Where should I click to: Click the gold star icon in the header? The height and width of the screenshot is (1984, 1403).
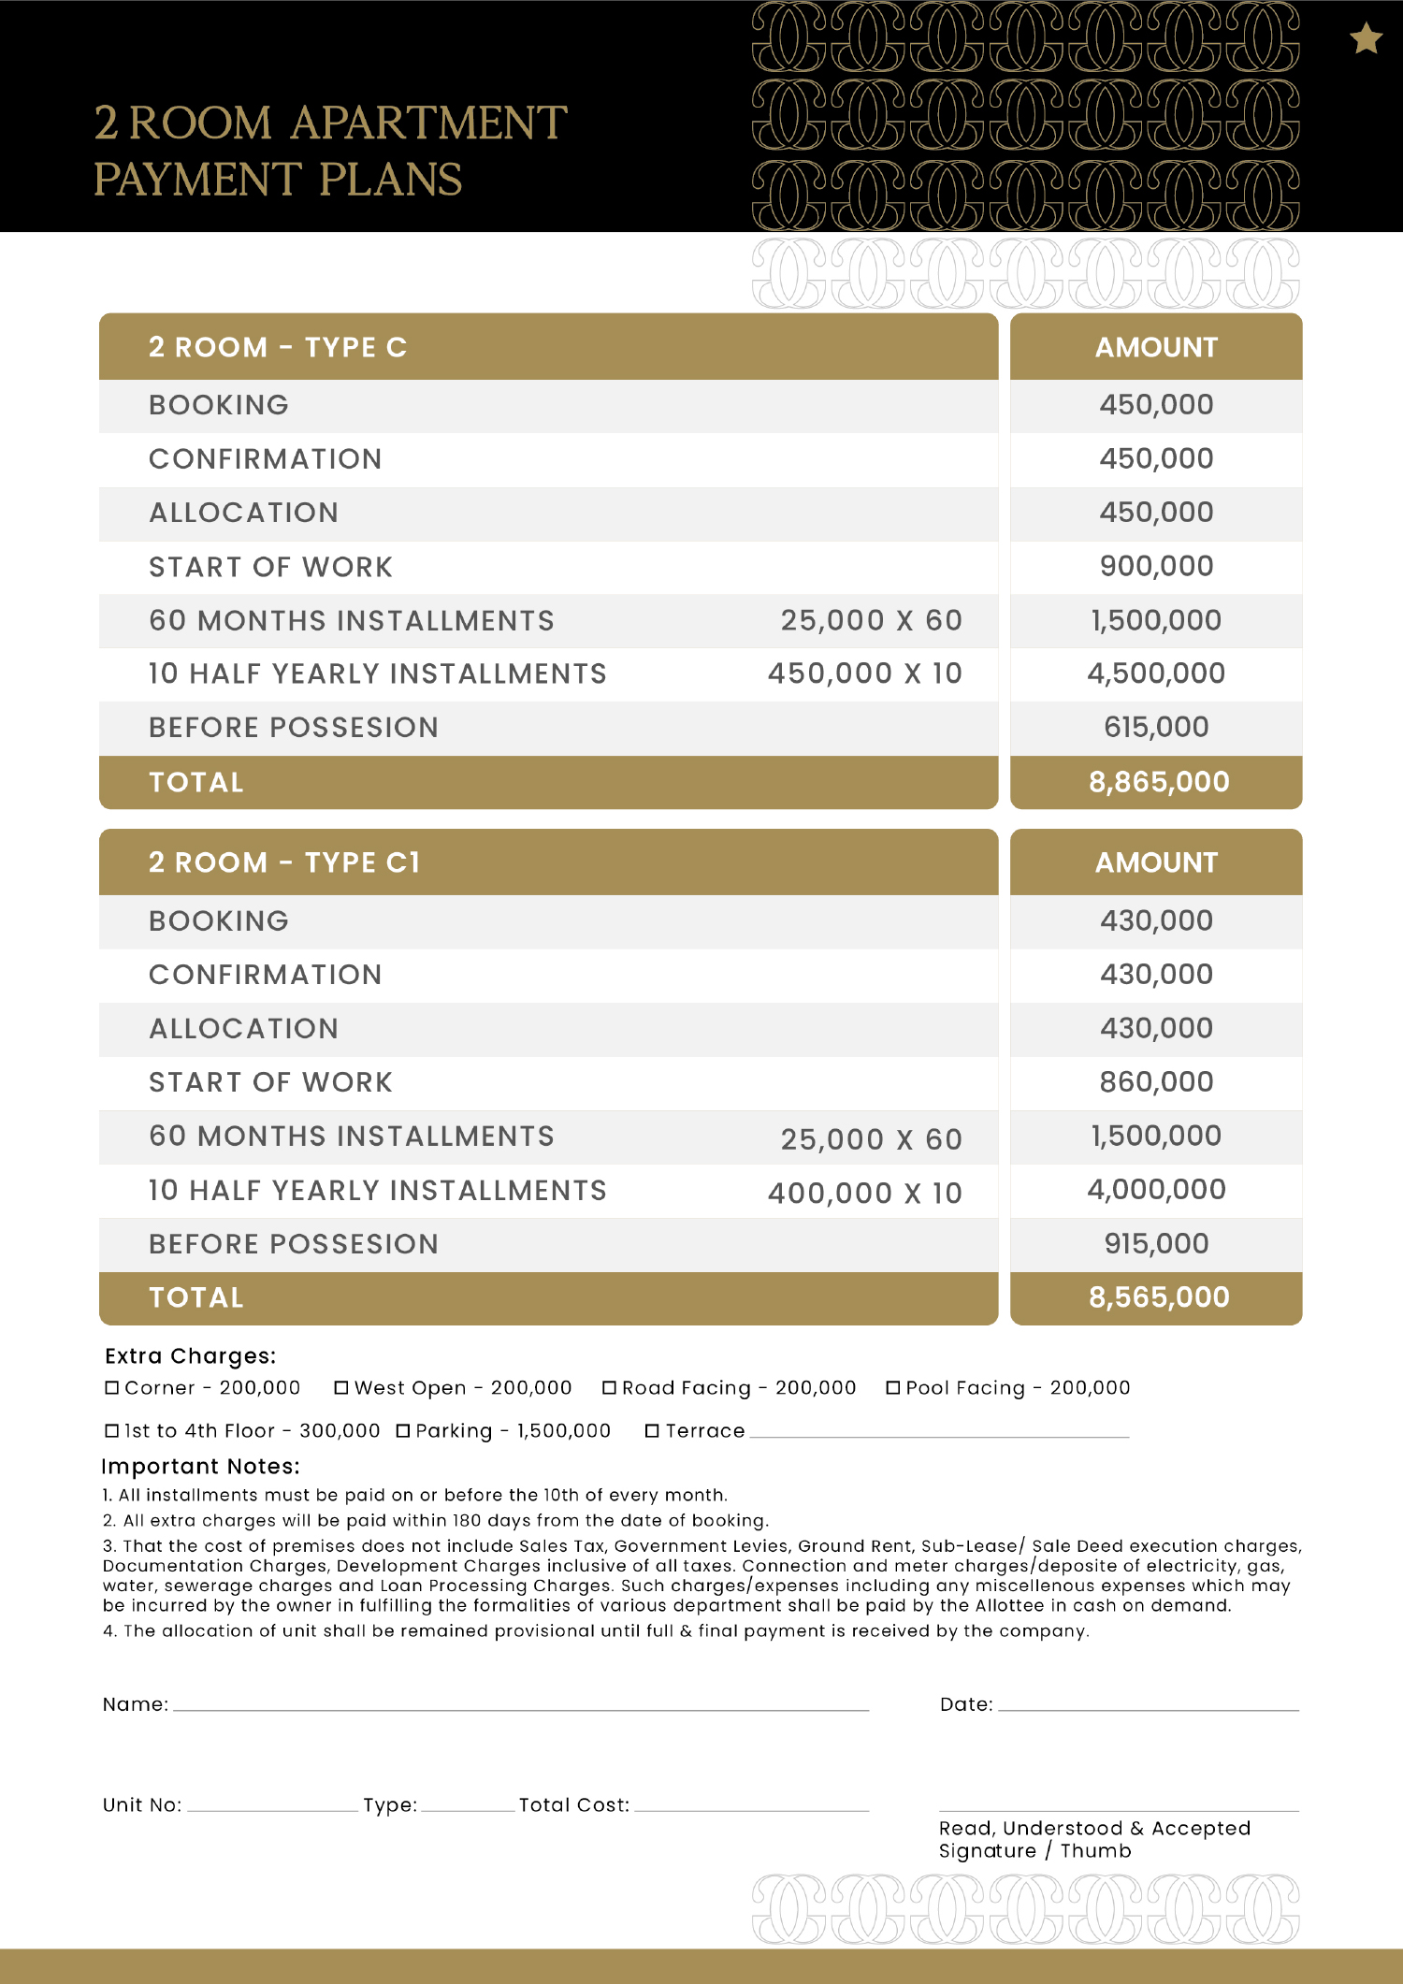[x=1366, y=39]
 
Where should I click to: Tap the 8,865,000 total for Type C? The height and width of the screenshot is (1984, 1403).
[x=1158, y=782]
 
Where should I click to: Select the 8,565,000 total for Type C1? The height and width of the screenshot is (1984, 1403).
[x=1158, y=1297]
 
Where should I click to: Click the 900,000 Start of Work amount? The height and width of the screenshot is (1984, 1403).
[x=1156, y=566]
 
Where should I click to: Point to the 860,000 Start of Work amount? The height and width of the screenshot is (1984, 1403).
[x=1156, y=1082]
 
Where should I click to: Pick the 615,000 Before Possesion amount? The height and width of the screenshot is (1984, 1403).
[x=1156, y=727]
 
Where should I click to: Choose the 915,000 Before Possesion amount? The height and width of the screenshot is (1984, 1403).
[x=1156, y=1243]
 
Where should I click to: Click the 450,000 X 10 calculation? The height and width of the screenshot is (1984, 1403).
[x=864, y=673]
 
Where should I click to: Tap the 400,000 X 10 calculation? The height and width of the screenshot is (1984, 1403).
[x=864, y=1193]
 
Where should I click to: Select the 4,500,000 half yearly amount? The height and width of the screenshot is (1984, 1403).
[x=1156, y=673]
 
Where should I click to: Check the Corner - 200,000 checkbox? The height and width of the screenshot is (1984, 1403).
[x=112, y=1388]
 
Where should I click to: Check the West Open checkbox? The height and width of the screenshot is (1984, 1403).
[x=341, y=1388]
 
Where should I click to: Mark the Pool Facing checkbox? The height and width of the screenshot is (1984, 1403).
[x=893, y=1388]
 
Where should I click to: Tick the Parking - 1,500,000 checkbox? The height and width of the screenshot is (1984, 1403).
[x=403, y=1431]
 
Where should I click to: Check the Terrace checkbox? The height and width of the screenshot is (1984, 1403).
[x=652, y=1431]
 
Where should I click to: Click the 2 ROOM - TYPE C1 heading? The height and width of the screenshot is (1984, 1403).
[x=284, y=862]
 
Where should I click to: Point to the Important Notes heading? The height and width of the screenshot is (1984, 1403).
[x=200, y=1466]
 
